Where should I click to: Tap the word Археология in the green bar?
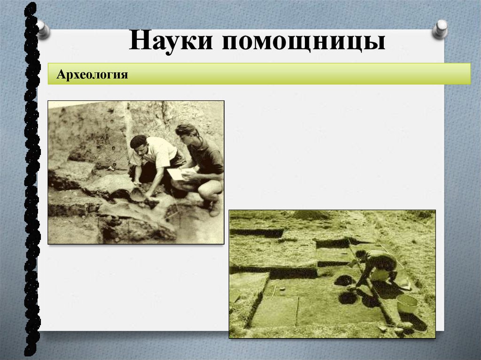(x=92, y=75)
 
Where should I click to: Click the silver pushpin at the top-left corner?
(x=43, y=29)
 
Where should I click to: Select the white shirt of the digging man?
(x=159, y=152)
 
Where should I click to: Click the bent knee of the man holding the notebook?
(x=207, y=187)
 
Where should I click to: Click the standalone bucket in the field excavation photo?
(x=407, y=303)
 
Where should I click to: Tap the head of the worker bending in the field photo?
(x=361, y=255)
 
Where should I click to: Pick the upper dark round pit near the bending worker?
(x=344, y=280)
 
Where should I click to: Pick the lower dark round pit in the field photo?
(x=348, y=298)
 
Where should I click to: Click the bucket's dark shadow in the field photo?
(x=413, y=321)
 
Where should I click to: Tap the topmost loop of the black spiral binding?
(x=31, y=8)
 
